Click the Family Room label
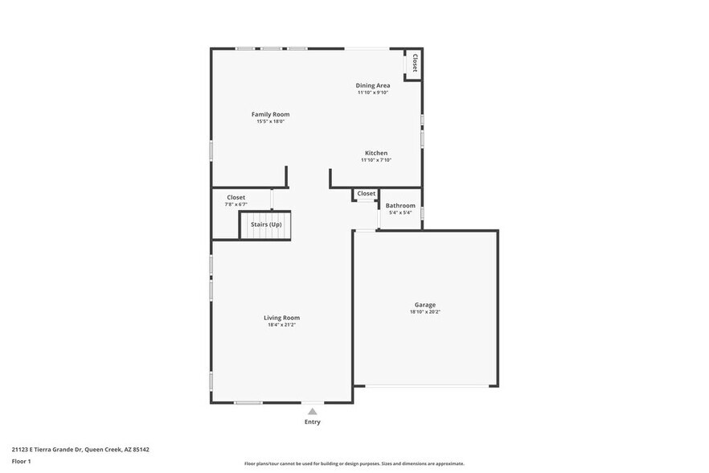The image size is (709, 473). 270,114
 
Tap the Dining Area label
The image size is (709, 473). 373,85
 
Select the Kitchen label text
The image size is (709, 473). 376,153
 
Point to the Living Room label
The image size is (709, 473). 281,318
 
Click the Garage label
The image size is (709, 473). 425,305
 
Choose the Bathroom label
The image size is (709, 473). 400,205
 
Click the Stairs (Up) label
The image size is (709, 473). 266,224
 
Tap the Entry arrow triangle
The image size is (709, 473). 313,411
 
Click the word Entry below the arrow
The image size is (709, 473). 313,422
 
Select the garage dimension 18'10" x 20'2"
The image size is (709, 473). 425,312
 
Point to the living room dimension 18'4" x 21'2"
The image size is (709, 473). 282,325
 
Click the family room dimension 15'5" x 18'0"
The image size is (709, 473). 270,121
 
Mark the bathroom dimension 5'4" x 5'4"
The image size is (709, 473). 400,212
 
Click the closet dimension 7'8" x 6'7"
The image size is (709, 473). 236,204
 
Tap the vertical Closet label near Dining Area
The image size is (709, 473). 415,63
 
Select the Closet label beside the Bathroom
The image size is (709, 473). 367,193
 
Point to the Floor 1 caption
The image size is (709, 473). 21,461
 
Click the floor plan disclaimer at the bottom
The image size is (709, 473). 354,463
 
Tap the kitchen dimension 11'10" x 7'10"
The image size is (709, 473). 376,160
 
